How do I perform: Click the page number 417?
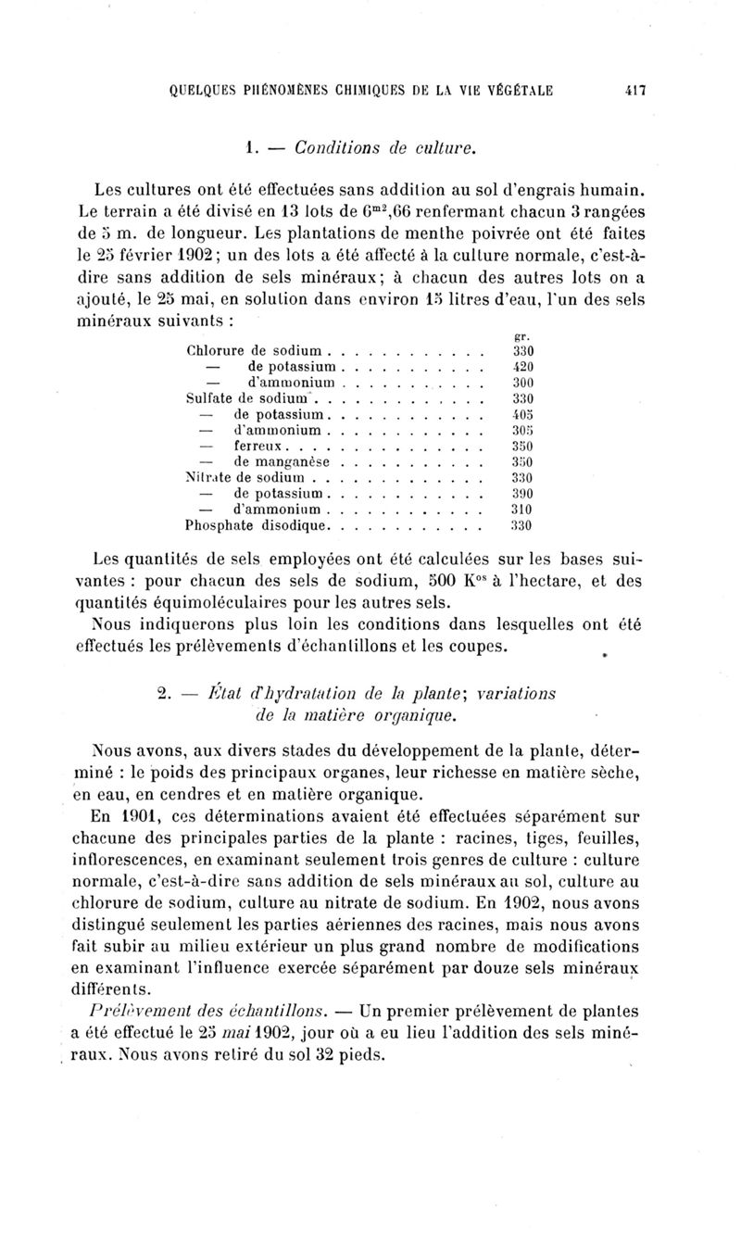click(x=635, y=91)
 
